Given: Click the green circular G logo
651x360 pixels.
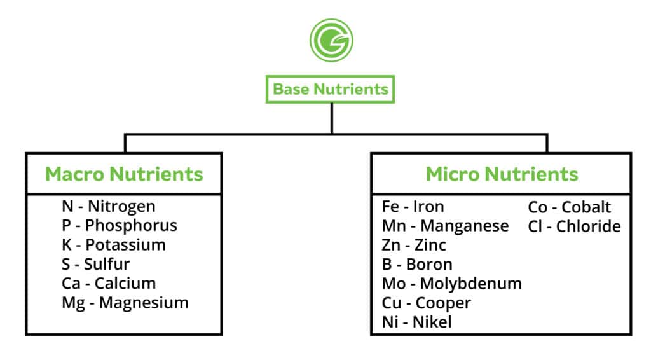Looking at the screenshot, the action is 331,40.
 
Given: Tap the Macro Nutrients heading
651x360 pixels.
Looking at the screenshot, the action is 124,174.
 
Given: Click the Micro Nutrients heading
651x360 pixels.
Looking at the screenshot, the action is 502,174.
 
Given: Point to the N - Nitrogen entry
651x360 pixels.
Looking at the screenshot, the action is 109,206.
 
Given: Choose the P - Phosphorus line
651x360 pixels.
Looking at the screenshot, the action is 120,225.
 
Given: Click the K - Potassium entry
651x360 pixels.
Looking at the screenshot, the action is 114,245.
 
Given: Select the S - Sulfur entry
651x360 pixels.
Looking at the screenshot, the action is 96,264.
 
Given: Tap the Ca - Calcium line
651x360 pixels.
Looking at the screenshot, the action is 109,283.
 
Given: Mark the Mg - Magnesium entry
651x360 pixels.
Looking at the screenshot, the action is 125,303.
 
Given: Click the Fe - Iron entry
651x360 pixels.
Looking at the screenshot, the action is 413,206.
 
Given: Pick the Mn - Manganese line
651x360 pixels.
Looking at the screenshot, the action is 446,226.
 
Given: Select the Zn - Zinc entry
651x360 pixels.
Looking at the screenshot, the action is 414,245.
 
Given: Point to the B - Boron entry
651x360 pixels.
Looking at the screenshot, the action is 417,264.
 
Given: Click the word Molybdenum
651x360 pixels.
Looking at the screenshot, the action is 471,284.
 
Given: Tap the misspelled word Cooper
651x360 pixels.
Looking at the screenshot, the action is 443,303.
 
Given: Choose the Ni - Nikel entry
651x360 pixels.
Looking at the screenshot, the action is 417,322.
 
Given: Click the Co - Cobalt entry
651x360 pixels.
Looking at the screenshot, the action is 570,207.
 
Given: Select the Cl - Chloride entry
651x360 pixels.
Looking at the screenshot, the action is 575,226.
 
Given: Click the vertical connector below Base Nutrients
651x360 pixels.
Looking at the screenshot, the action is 332,118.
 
